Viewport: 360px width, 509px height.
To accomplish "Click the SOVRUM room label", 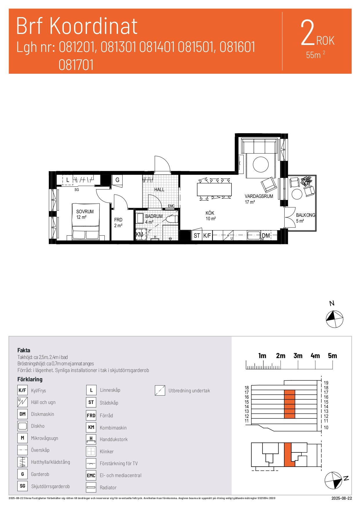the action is [85, 212].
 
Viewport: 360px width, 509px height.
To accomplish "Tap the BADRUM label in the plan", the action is [154, 216].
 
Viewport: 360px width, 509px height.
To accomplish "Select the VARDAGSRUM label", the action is [259, 196].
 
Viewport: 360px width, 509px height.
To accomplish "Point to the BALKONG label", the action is [305, 215].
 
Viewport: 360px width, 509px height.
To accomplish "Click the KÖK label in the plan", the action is [210, 213].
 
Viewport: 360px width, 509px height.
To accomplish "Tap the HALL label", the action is [159, 189].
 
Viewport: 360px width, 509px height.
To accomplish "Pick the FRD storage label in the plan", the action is [118, 220].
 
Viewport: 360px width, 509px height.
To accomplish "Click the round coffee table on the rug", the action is [261, 165].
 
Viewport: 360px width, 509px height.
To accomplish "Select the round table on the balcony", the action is [297, 194].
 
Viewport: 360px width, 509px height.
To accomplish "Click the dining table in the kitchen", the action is [214, 189].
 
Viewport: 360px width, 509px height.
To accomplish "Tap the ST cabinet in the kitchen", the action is [197, 236].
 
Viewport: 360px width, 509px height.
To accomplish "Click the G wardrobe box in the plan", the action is [117, 180].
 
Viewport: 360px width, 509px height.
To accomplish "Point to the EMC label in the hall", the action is [171, 206].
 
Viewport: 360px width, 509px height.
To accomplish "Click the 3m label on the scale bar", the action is [298, 356].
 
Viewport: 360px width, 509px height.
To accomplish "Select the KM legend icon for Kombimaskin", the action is [91, 427].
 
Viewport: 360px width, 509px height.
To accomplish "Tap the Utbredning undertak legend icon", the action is [160, 391].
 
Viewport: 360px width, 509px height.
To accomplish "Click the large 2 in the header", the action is [307, 33].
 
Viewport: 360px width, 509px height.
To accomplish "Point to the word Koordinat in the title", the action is [94, 26].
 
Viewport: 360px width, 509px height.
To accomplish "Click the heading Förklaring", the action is [30, 379].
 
